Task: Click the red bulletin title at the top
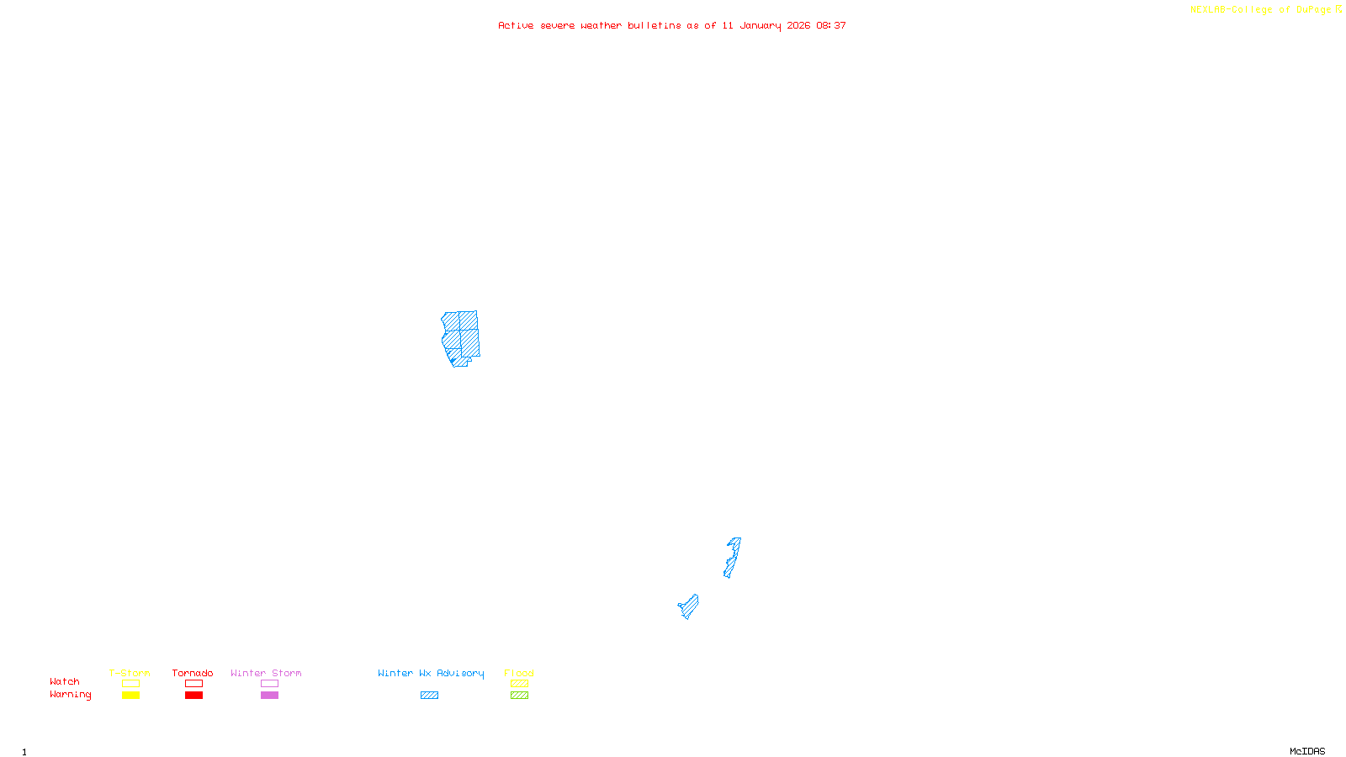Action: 671,25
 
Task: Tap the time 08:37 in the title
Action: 830,25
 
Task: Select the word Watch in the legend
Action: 65,682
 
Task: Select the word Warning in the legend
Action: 70,695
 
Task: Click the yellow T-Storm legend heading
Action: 130,673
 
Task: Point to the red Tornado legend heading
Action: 193,673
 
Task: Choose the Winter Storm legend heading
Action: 266,673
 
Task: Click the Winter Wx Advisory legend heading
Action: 431,673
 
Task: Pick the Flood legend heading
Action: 519,673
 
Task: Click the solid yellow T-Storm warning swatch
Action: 130,696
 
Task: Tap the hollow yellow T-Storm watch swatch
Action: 130,684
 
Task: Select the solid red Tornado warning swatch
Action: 193,696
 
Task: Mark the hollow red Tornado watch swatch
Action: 193,684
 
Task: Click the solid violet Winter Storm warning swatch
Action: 269,696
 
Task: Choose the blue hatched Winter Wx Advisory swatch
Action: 429,696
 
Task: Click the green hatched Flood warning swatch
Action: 519,696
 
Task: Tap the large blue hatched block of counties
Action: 461,336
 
